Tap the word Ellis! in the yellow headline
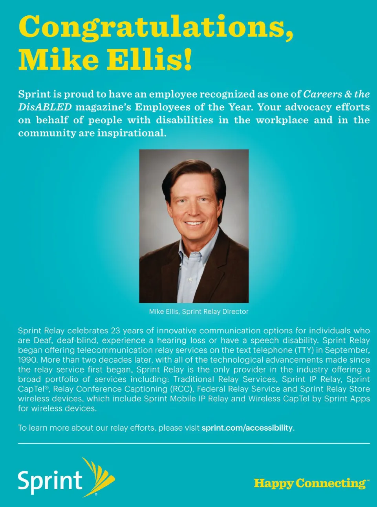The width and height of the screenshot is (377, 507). (150, 60)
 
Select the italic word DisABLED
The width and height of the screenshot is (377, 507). (45, 107)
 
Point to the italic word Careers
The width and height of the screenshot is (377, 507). (322, 94)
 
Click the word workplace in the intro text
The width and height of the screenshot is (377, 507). (282, 120)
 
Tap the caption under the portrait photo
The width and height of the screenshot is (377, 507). (199, 312)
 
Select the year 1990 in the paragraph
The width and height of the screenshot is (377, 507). (27, 360)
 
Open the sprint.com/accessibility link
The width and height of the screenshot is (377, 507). (247, 428)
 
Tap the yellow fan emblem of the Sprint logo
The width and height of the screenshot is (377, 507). (101, 477)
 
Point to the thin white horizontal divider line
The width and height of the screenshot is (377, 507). (194, 443)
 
